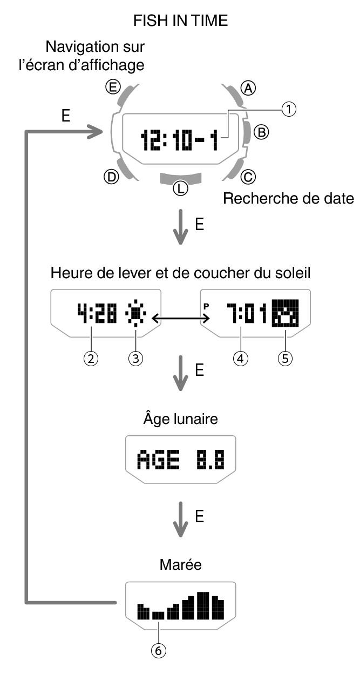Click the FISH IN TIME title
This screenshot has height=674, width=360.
coord(181,21)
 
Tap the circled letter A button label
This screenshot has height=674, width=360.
coord(248,88)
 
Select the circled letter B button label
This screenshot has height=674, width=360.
coord(261,131)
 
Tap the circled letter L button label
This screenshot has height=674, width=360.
coord(180,188)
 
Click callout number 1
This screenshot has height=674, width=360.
coord(290,110)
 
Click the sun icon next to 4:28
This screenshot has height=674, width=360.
coord(134,314)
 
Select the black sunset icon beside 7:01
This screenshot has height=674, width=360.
coord(284,314)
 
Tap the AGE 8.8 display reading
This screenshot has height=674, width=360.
coord(180,461)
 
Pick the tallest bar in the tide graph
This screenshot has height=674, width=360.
coord(203,606)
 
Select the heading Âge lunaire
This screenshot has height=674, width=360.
coord(180,419)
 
